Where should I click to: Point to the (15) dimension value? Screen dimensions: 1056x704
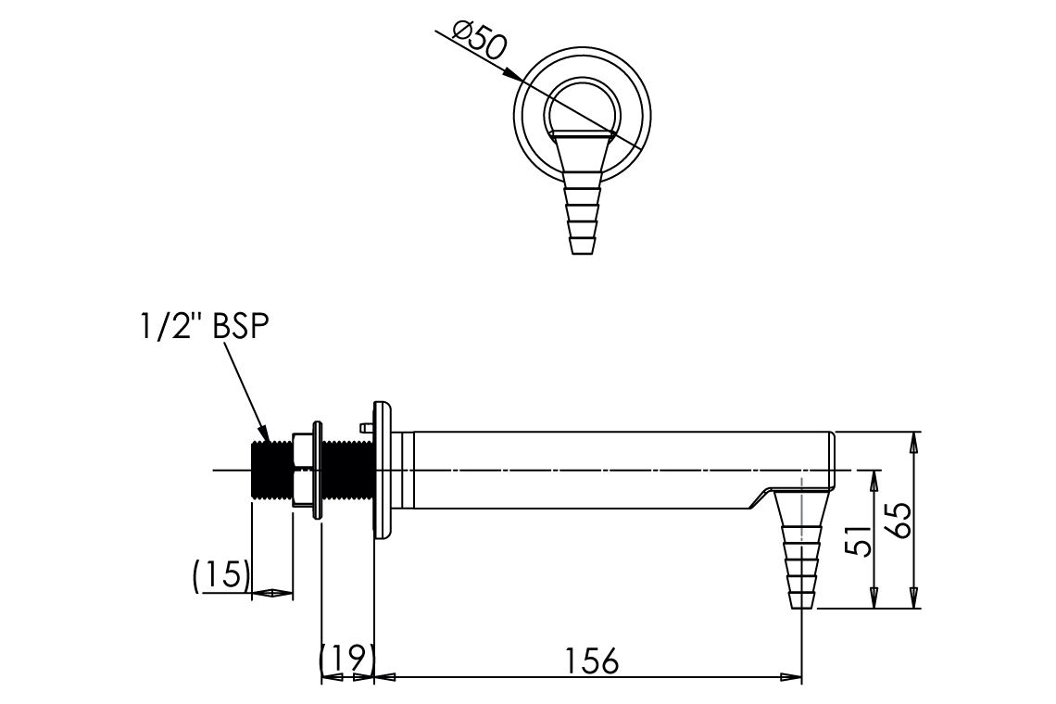tap(221, 574)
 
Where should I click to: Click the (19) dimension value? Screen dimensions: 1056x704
tap(346, 659)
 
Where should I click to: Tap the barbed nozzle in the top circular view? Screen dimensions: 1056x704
tap(582, 192)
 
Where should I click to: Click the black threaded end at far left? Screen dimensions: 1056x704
tap(271, 470)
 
